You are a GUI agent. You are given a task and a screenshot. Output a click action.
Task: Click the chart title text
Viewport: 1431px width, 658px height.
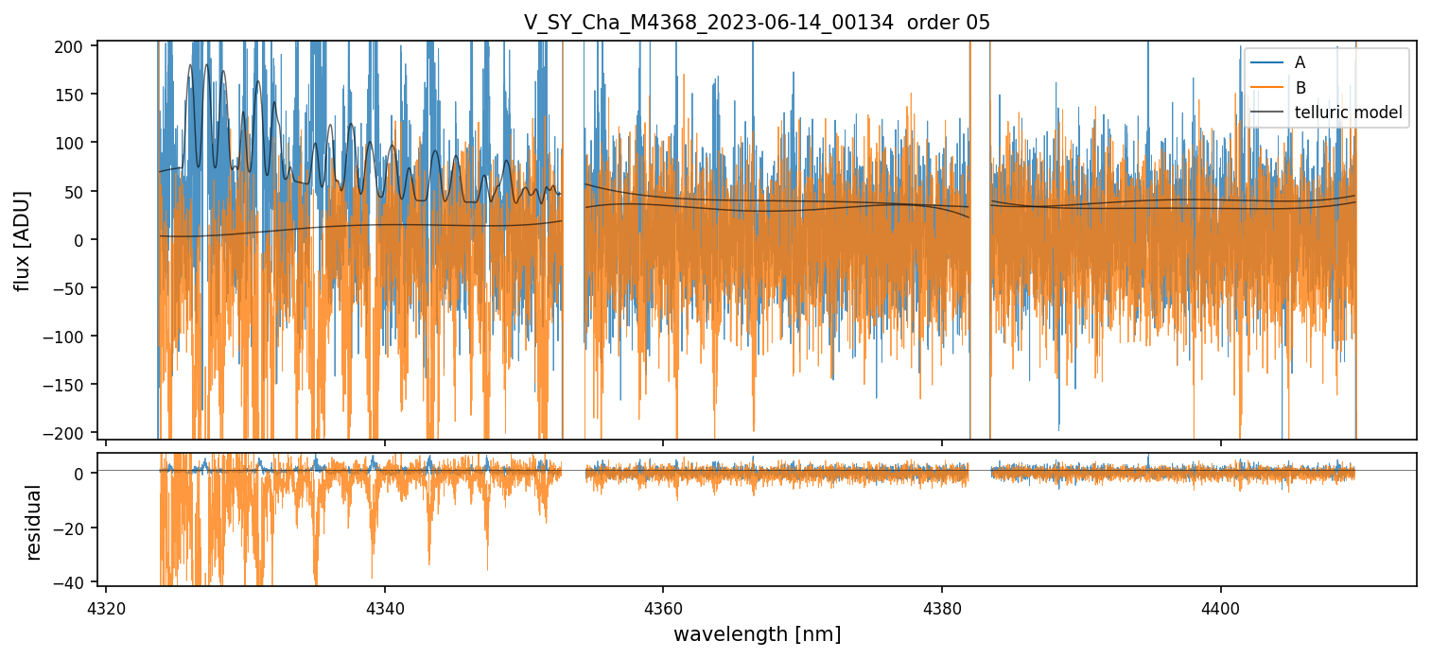[x=757, y=23]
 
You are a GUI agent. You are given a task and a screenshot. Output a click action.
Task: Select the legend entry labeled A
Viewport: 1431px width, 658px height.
[x=1300, y=62]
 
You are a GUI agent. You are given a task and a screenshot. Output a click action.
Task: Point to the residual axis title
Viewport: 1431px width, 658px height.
[x=35, y=522]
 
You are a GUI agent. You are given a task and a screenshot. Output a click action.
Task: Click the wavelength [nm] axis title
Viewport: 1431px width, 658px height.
[x=757, y=633]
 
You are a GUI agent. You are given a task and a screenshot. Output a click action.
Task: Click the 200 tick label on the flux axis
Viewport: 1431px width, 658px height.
[x=74, y=46]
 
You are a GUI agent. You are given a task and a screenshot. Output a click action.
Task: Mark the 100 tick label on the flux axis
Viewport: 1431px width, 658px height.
[x=74, y=143]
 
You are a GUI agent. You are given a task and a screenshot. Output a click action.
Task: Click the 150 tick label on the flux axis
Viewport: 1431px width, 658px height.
[x=74, y=95]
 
